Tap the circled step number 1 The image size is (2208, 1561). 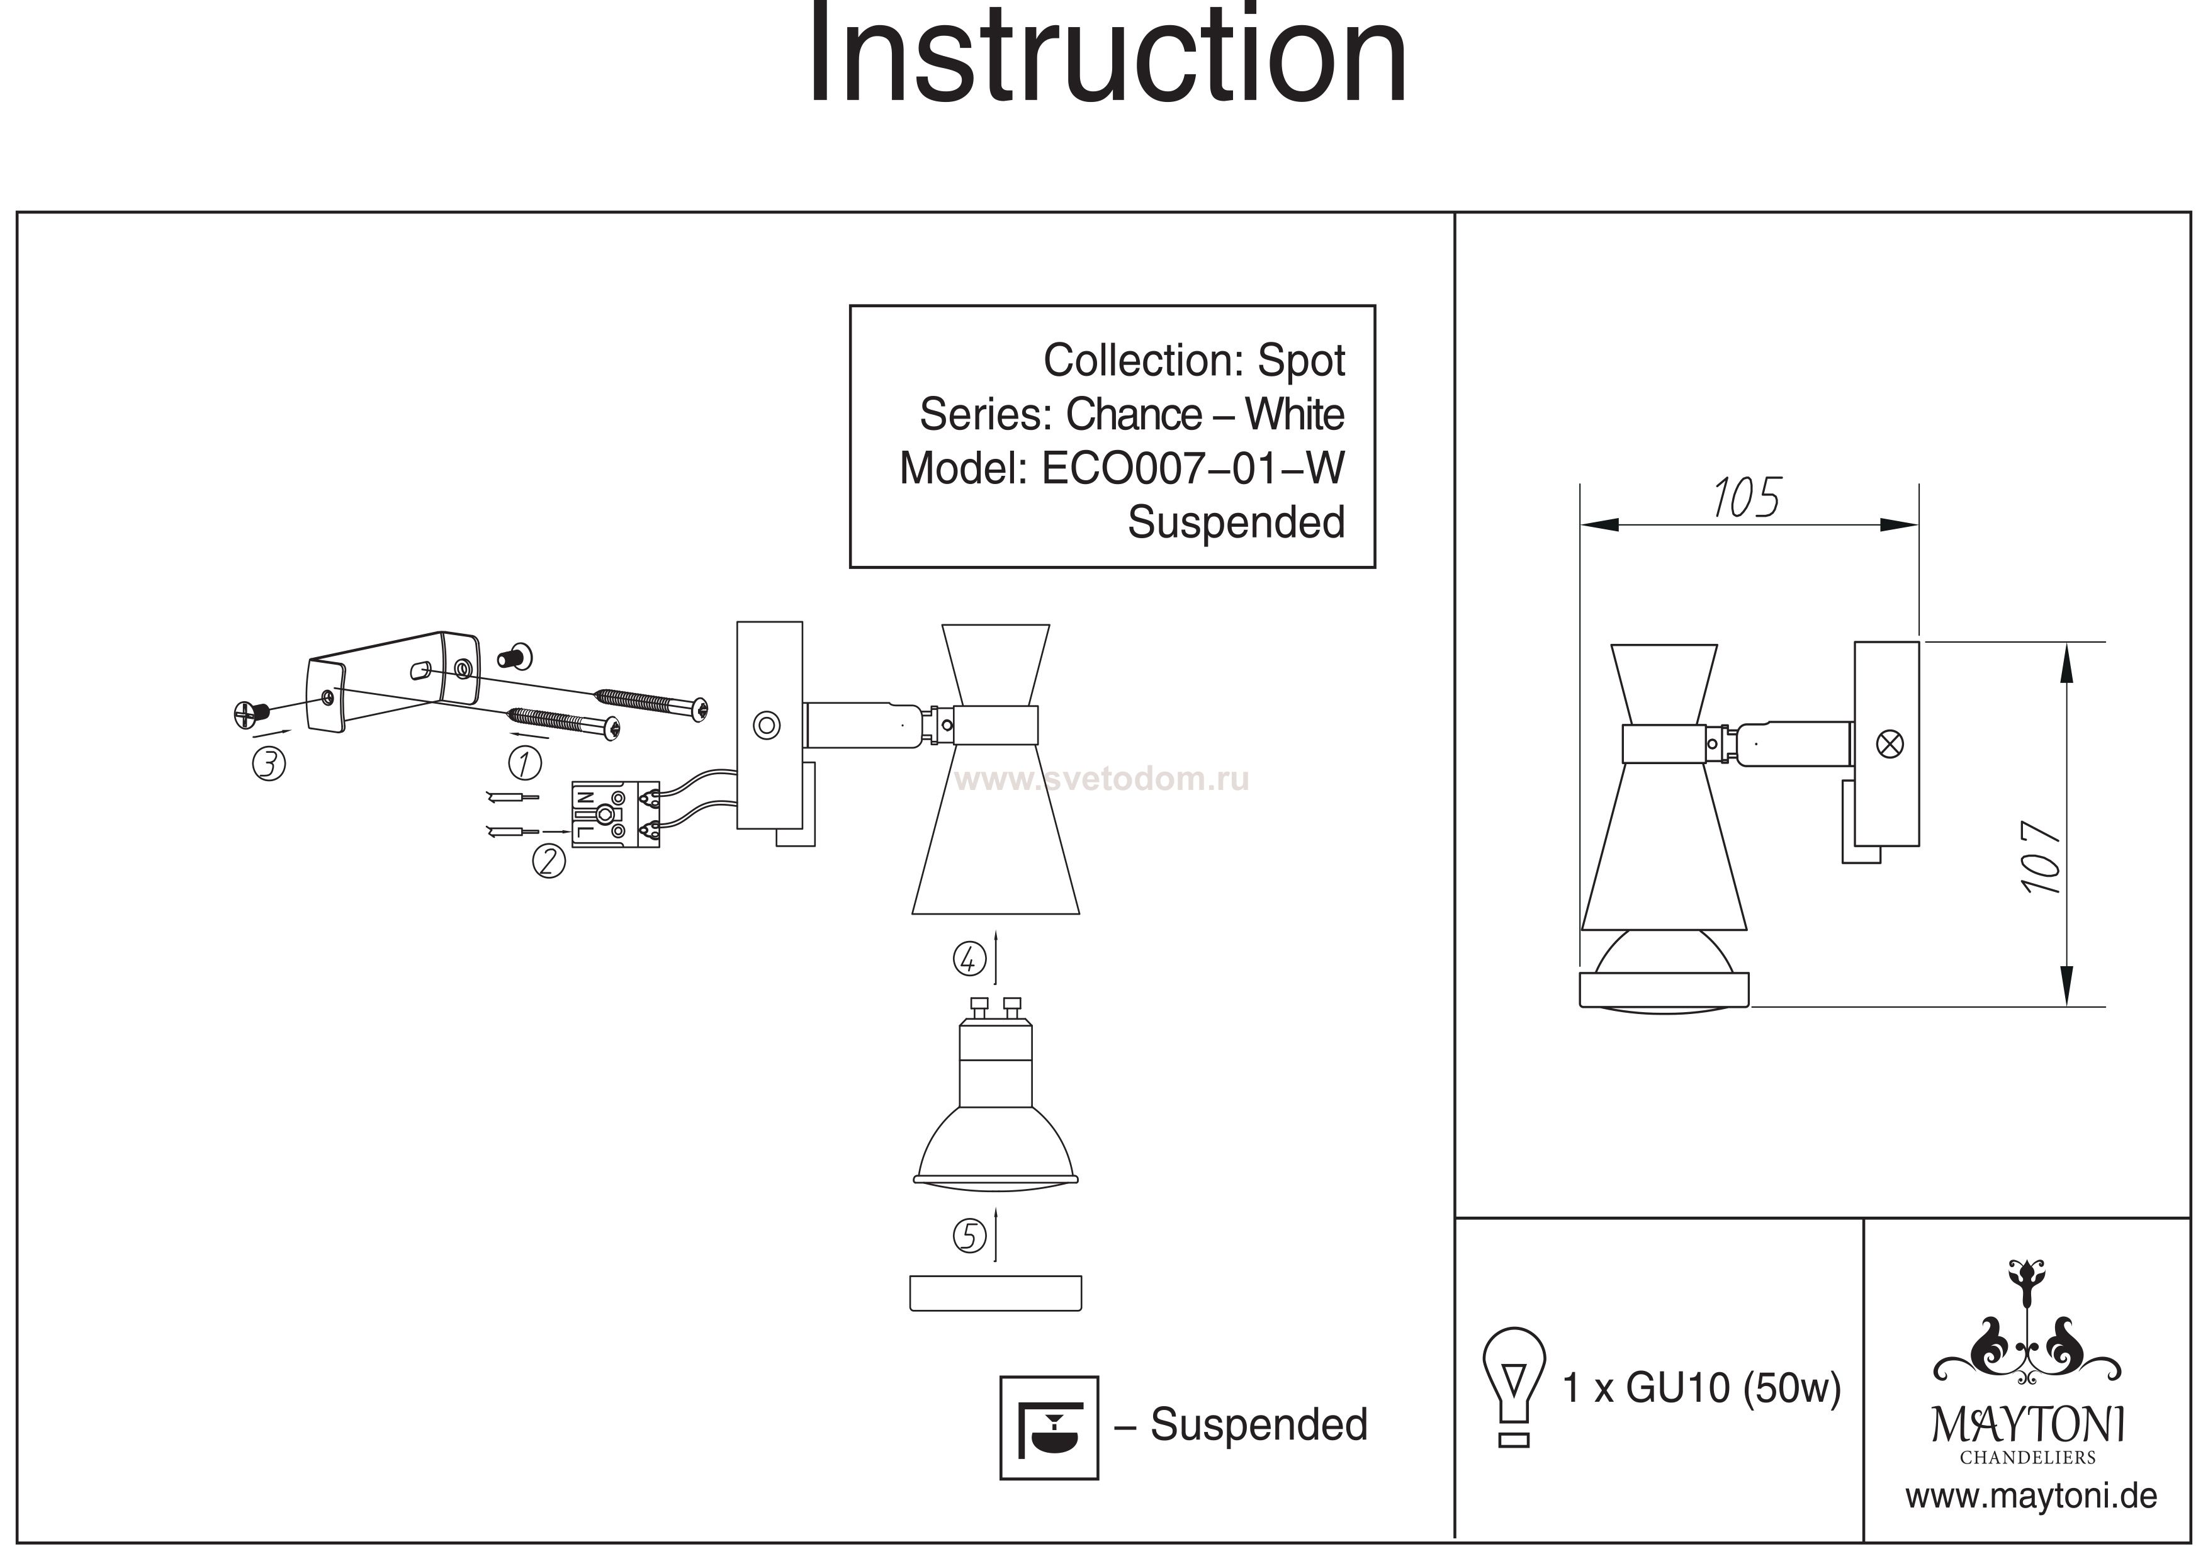click(524, 764)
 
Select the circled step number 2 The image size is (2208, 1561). click(549, 861)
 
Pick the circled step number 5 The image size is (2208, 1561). click(969, 1237)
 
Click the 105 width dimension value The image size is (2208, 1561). click(1745, 499)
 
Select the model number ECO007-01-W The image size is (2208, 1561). click(1193, 470)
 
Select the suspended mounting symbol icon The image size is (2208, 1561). click(1049, 1428)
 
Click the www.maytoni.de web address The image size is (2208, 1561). click(2031, 1497)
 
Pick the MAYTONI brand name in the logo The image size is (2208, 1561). click(2028, 1426)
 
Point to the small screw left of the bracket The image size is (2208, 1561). click(247, 714)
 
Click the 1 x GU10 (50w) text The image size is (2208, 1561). click(1701, 1388)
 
